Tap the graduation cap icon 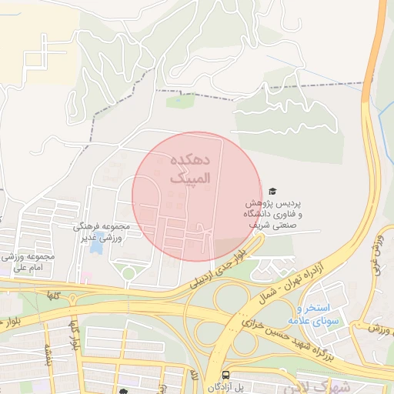point(272,191)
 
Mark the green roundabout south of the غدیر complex point(128,273)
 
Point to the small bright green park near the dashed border point(179,101)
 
